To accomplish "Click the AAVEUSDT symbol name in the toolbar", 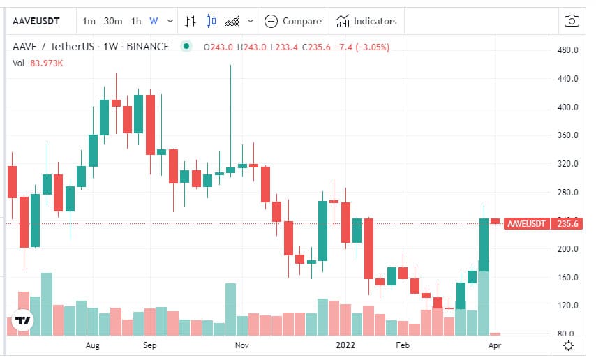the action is (x=36, y=22).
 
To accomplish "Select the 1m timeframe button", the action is (x=89, y=22).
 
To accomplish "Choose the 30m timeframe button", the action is (x=113, y=22).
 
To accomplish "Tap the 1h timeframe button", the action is (x=136, y=22).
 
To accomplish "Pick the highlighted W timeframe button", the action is (x=154, y=22).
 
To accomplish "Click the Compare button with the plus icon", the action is (x=292, y=22).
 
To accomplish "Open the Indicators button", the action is (x=366, y=22).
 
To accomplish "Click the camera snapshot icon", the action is (x=572, y=21).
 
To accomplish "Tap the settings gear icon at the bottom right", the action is (x=568, y=345).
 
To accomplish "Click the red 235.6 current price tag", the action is (x=567, y=223).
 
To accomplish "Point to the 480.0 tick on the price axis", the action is (x=568, y=50).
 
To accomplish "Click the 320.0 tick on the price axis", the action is (x=568, y=164).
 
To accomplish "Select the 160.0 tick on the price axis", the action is (x=568, y=278).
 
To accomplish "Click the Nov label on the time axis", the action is (x=241, y=345).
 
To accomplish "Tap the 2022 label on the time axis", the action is (x=345, y=345).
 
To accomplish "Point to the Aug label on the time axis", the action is (x=92, y=345).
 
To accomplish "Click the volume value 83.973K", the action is (x=46, y=63).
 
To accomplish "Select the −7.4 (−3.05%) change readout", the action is (x=362, y=47).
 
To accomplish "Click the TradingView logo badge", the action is (x=22, y=320).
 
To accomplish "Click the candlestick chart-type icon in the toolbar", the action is (x=211, y=21).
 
